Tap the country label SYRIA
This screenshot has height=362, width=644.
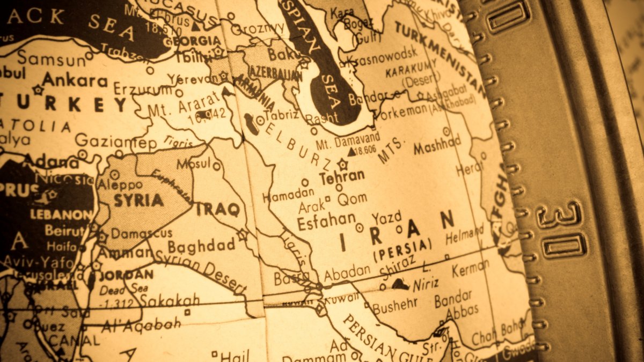(138, 201)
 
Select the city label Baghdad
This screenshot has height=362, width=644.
(201, 246)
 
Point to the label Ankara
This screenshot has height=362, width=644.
(75, 80)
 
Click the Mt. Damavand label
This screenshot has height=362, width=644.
(348, 142)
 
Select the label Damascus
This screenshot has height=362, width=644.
(142, 233)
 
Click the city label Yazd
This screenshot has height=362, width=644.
(386, 217)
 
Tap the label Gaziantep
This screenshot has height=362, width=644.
(115, 142)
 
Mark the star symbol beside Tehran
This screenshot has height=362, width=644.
(342, 164)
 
